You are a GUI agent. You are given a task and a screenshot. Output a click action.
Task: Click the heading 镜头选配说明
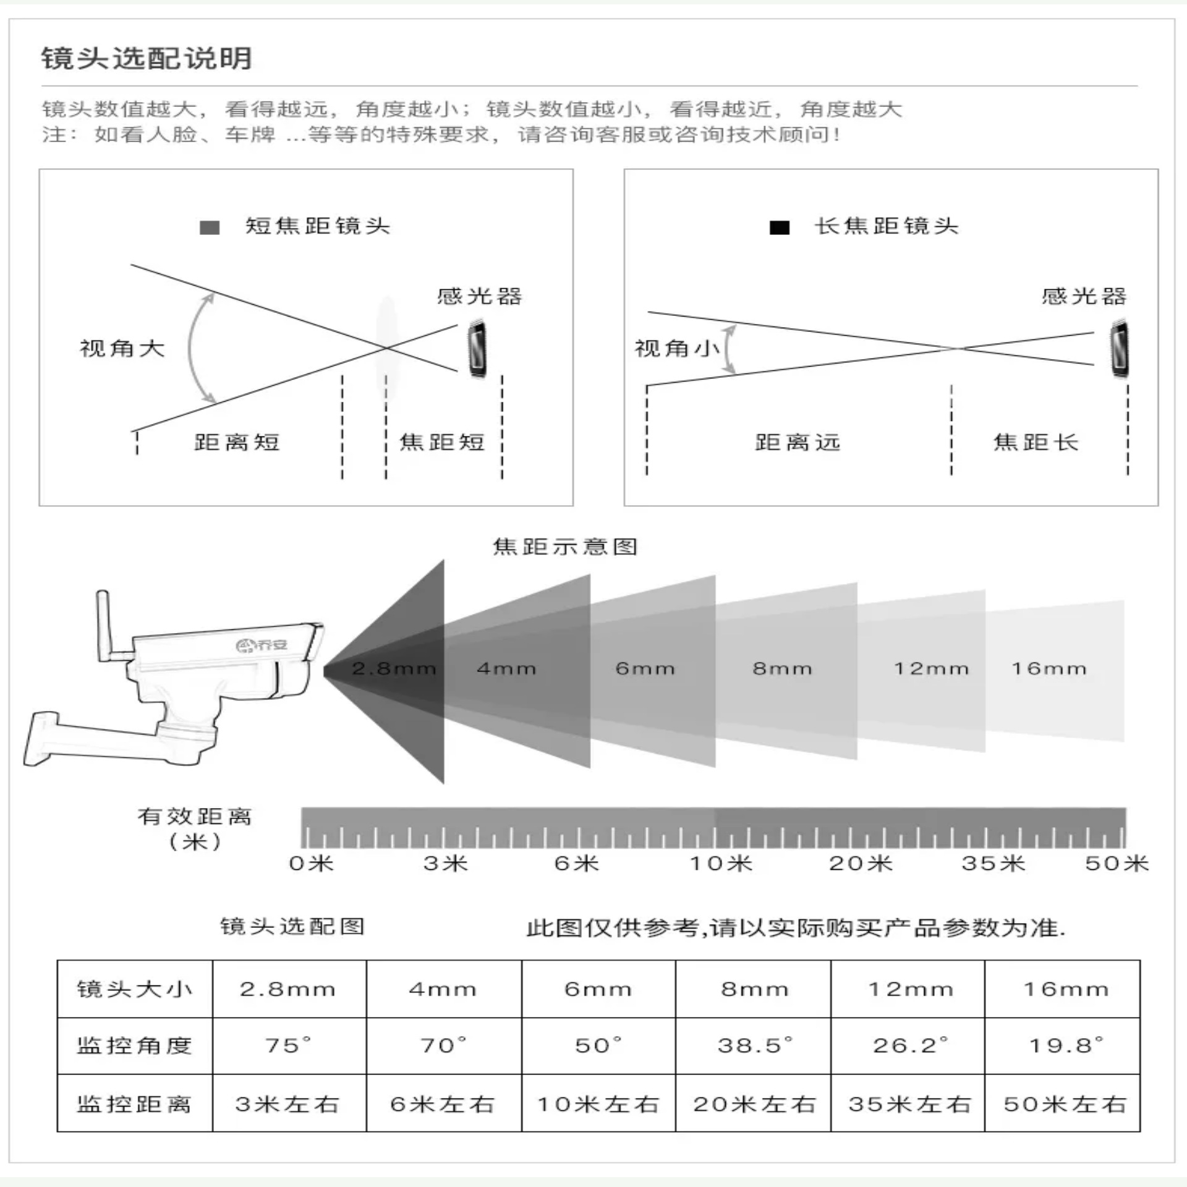(x=147, y=59)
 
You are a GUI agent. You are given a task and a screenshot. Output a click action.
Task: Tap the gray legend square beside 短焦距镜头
(x=210, y=228)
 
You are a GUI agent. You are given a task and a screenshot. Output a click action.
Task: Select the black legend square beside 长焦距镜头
(x=779, y=228)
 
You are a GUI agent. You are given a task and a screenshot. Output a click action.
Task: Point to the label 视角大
(x=122, y=349)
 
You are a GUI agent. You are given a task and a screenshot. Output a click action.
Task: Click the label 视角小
(x=677, y=349)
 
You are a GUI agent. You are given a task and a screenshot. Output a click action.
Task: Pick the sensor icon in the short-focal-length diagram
(x=477, y=349)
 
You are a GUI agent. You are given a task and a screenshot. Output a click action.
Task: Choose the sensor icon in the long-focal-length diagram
(x=1119, y=349)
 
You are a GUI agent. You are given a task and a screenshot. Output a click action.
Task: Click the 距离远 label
(x=798, y=442)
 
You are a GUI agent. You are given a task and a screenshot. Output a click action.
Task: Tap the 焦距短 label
(x=442, y=442)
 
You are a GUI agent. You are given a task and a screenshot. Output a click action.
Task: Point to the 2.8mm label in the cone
(x=394, y=668)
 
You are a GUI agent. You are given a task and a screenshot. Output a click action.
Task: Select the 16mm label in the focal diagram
(x=1049, y=668)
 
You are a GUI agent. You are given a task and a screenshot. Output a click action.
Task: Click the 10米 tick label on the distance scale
(x=721, y=863)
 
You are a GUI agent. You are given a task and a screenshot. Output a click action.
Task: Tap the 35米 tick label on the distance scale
(x=993, y=863)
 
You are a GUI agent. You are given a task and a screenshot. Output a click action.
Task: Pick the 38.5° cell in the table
(x=754, y=1045)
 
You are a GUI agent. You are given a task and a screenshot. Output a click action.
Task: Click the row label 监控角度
(x=134, y=1045)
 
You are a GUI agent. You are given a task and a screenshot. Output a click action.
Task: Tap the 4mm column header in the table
(x=443, y=989)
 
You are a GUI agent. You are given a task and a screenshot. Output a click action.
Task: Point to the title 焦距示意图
(x=564, y=547)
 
